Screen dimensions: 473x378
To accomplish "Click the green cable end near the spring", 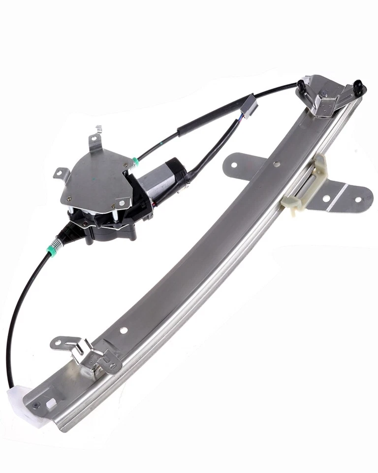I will tap(51, 251).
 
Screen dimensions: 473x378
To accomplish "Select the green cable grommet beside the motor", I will tap(135, 162).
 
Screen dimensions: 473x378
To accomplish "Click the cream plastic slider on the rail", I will tap(305, 185).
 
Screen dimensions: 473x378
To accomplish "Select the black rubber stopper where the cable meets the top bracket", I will tap(300, 84).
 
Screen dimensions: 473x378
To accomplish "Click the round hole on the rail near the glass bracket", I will tap(278, 163).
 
